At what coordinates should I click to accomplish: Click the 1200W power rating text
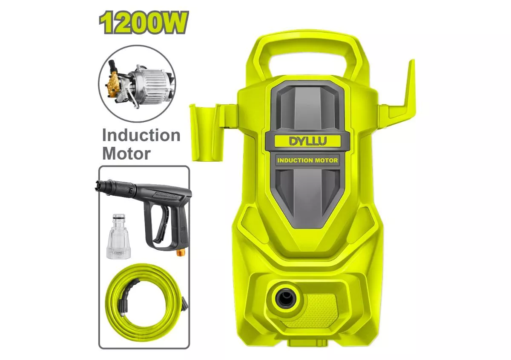pyautogui.click(x=144, y=23)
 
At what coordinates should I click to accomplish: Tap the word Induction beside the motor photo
pyautogui.click(x=141, y=135)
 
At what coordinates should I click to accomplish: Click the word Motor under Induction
pyautogui.click(x=126, y=154)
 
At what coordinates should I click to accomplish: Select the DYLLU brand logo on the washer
pyautogui.click(x=308, y=141)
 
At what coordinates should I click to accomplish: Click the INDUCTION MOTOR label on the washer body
pyautogui.click(x=307, y=160)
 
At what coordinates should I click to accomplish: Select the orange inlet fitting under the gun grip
pyautogui.click(x=181, y=253)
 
